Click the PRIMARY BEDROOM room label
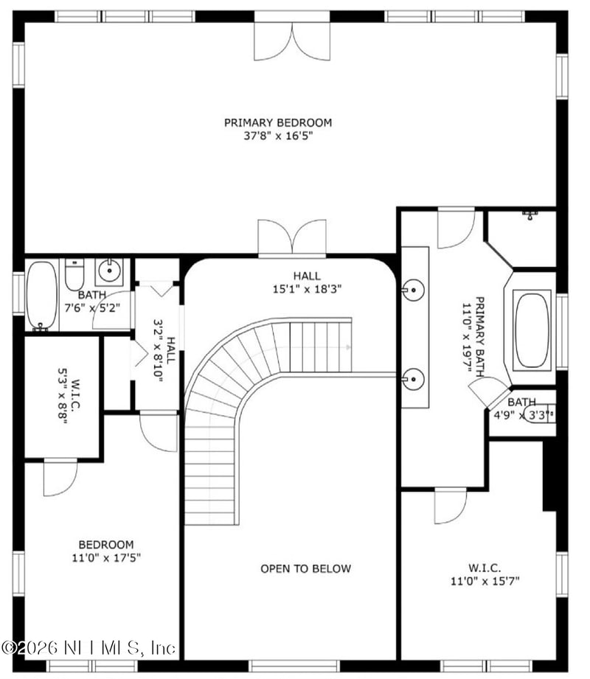(278, 122)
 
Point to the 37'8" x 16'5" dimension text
(278, 136)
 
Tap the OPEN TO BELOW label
(305, 568)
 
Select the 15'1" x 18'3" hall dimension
(307, 290)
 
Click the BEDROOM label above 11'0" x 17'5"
(106, 545)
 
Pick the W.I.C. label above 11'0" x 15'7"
(485, 568)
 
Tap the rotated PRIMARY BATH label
(479, 336)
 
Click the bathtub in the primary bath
(532, 329)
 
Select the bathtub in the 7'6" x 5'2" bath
(42, 295)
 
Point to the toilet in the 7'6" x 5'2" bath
(74, 276)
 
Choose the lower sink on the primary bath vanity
(414, 379)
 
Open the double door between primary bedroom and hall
(292, 237)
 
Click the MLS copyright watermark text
(88, 647)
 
